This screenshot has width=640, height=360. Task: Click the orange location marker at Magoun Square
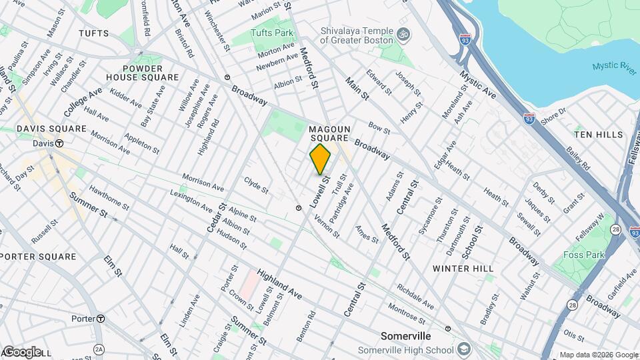pos(320,159)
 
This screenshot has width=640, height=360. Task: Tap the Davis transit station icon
pos(59,143)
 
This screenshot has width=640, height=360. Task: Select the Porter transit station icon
pos(101,319)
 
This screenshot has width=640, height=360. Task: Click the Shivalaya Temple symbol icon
pos(402,33)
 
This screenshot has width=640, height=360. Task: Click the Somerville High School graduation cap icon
pos(463,350)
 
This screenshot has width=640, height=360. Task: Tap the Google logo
pos(22,351)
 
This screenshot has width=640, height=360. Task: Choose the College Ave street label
pos(83,101)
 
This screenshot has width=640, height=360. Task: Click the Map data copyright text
pos(598,355)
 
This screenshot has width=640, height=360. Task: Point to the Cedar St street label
pos(214,219)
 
